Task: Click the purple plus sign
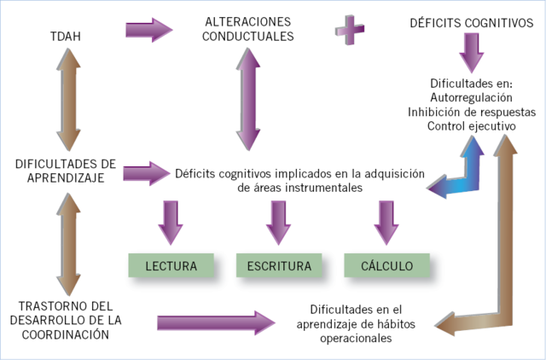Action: click(x=349, y=32)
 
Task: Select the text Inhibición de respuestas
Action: click(x=472, y=112)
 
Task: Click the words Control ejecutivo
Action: click(x=472, y=125)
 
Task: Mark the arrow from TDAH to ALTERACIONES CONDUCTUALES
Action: click(x=148, y=30)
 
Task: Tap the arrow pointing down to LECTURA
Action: click(x=169, y=223)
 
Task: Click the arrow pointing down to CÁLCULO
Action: click(x=386, y=223)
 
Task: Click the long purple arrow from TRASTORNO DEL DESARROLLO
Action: click(x=217, y=322)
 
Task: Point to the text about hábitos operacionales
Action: click(x=355, y=323)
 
